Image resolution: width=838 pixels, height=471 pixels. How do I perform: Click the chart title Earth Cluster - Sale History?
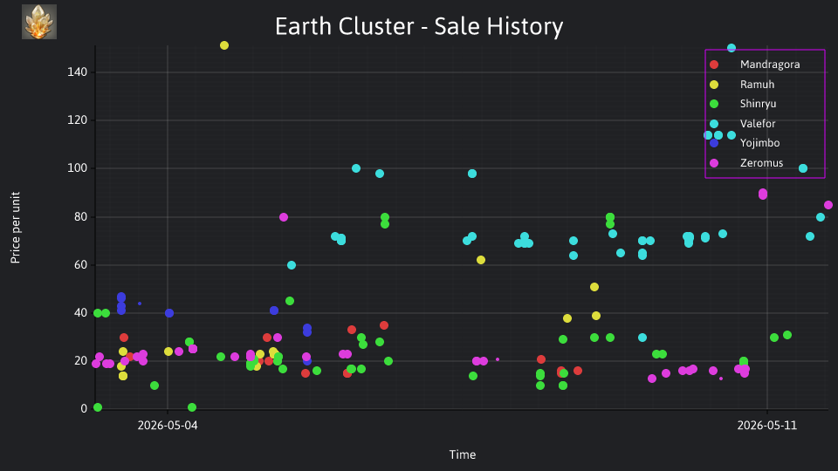click(x=419, y=26)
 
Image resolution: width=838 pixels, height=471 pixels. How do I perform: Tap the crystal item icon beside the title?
click(x=39, y=22)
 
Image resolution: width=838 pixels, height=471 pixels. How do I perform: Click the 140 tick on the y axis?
click(x=77, y=72)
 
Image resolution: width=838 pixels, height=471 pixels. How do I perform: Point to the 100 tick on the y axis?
click(x=77, y=168)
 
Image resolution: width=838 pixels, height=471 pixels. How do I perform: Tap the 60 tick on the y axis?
click(x=80, y=265)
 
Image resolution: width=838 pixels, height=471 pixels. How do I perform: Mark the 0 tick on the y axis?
click(x=84, y=409)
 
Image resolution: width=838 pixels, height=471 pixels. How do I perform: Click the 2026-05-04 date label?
click(x=168, y=426)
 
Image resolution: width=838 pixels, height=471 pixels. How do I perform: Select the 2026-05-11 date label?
click(x=767, y=426)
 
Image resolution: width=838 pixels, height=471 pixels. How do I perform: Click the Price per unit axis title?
click(x=15, y=228)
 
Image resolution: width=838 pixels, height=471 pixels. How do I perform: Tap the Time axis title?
click(x=463, y=454)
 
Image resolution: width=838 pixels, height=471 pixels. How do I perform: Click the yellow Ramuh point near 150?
click(x=224, y=45)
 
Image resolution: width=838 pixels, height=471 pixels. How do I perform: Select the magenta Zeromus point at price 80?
click(x=284, y=217)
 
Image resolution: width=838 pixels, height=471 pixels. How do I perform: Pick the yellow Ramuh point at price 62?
click(x=481, y=260)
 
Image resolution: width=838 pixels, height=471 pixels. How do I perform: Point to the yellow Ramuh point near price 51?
click(x=594, y=287)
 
